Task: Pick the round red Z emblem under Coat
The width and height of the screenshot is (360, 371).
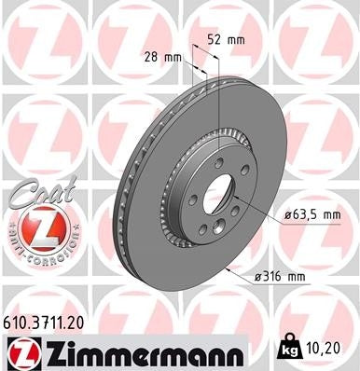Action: [x=35, y=229]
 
